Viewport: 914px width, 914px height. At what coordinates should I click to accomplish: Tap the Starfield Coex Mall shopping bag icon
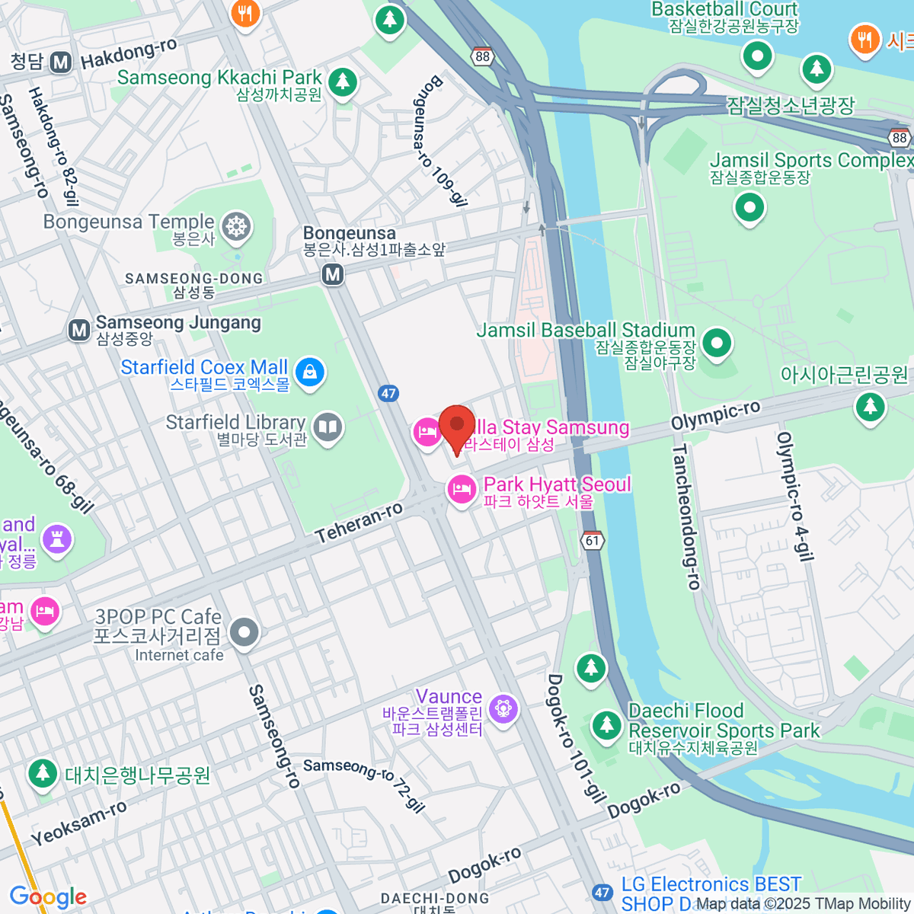pyautogui.click(x=310, y=372)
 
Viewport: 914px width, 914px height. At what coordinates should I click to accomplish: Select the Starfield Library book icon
pyautogui.click(x=328, y=428)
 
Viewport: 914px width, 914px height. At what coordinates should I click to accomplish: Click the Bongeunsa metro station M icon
pyautogui.click(x=332, y=273)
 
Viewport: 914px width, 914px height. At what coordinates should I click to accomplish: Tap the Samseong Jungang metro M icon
pyautogui.click(x=79, y=330)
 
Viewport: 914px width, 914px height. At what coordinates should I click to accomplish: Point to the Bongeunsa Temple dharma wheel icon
pyautogui.click(x=237, y=226)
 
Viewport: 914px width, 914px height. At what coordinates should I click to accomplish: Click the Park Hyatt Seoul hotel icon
pyautogui.click(x=461, y=489)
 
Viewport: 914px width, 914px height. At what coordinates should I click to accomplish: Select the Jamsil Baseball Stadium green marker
pyautogui.click(x=716, y=343)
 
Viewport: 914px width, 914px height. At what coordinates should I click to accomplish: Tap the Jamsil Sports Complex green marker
pyautogui.click(x=749, y=207)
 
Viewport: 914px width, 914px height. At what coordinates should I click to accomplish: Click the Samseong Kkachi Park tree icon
pyautogui.click(x=342, y=81)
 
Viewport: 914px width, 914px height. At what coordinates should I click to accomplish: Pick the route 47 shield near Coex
pyautogui.click(x=388, y=393)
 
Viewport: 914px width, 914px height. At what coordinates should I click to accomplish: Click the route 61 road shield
pyautogui.click(x=593, y=540)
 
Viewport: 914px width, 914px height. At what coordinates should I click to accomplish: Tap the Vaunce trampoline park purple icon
pyautogui.click(x=503, y=709)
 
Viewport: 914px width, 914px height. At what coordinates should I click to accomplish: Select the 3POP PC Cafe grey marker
pyautogui.click(x=244, y=631)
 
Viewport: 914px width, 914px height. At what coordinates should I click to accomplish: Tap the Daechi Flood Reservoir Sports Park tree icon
pyautogui.click(x=606, y=724)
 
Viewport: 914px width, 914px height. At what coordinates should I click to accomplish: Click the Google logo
pyautogui.click(x=48, y=897)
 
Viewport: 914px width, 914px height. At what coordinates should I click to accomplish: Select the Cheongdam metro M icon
pyautogui.click(x=61, y=62)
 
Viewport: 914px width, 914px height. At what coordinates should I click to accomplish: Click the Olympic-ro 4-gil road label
pyautogui.click(x=795, y=497)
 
